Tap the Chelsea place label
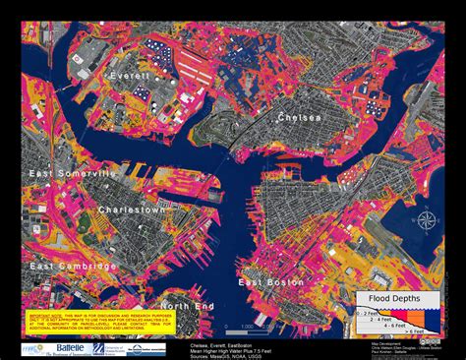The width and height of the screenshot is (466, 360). [x=300, y=117]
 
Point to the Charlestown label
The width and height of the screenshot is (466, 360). [x=131, y=210]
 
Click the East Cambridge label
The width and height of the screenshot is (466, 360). [x=66, y=266]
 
